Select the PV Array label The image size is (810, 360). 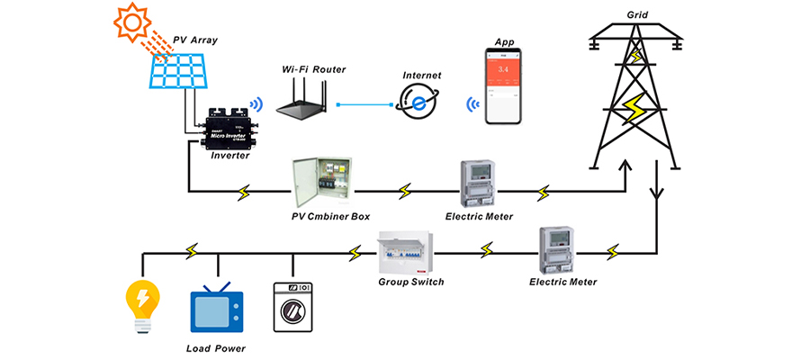(194, 40)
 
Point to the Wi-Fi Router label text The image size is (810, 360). (312, 69)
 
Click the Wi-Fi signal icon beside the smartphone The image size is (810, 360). (472, 107)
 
